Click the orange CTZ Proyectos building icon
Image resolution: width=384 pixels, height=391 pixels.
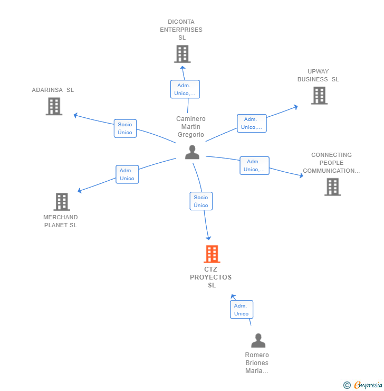click(212, 254)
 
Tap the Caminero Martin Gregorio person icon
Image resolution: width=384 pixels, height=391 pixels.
click(192, 152)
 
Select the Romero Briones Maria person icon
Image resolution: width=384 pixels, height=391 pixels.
click(258, 340)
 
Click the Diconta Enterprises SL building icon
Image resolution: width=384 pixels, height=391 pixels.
click(182, 54)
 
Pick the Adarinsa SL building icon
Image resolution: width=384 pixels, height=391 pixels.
click(54, 106)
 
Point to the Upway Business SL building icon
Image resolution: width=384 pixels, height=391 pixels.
click(319, 96)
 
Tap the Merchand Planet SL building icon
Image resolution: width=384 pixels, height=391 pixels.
click(62, 202)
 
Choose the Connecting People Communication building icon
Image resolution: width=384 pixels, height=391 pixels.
click(332, 187)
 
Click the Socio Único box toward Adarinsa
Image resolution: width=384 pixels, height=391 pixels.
click(125, 128)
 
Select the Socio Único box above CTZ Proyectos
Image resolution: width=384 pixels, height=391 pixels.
click(201, 201)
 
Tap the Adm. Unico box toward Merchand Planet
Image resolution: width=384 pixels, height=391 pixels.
click(127, 174)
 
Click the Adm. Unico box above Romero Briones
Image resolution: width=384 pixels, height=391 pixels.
click(242, 310)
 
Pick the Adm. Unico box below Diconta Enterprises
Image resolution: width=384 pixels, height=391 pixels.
click(185, 89)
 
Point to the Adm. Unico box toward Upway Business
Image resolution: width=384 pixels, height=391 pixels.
click(252, 123)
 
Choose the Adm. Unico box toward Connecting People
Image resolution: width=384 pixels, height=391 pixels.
click(254, 165)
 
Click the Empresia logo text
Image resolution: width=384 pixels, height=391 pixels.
click(368, 385)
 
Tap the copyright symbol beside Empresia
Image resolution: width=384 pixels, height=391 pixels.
click(347, 385)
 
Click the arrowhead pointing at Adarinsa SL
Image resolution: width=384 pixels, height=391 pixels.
click(75, 115)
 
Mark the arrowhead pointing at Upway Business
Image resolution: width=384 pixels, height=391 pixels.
click(296, 107)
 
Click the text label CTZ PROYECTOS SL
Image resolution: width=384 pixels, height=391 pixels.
click(211, 277)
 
